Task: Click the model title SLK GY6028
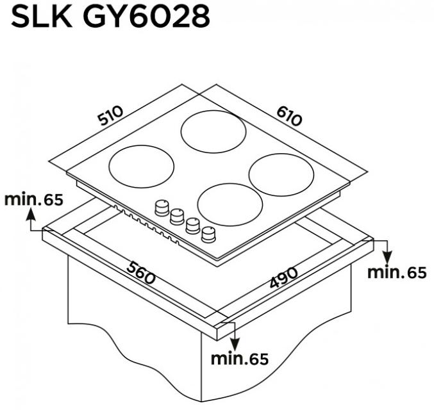(x=110, y=17)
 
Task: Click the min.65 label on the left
(x=34, y=199)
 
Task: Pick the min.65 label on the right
(x=397, y=272)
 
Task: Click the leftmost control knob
(x=160, y=208)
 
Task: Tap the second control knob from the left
(x=175, y=217)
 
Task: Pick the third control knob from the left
(x=192, y=226)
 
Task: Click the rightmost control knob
(x=208, y=235)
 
